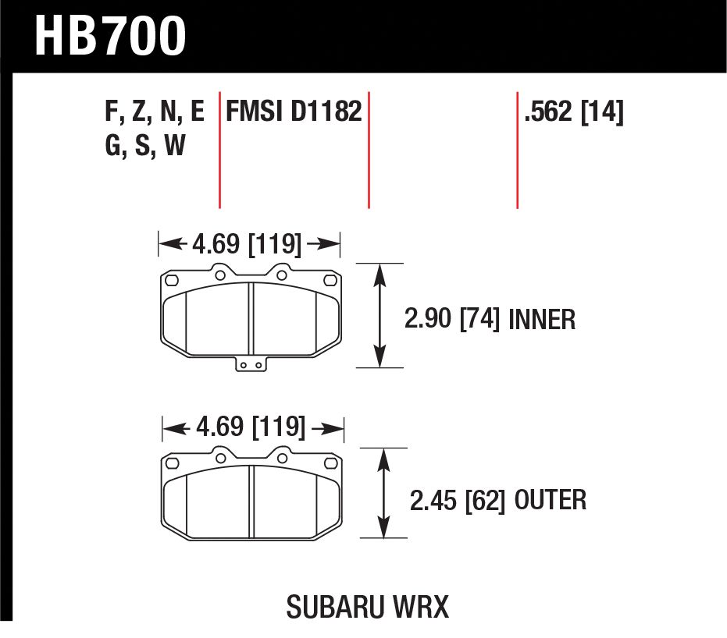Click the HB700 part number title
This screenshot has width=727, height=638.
click(x=110, y=36)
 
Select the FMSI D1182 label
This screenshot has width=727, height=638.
click(x=294, y=112)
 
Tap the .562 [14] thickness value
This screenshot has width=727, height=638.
click(x=573, y=112)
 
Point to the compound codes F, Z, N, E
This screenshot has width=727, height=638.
click(x=155, y=112)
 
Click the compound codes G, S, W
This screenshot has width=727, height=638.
click(x=145, y=144)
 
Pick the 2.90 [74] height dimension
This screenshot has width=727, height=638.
click(x=452, y=319)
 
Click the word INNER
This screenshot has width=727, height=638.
click(x=542, y=319)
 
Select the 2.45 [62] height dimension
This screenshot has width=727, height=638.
click(x=457, y=501)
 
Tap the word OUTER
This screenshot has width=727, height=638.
click(x=551, y=500)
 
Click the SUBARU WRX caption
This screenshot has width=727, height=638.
click(x=368, y=607)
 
